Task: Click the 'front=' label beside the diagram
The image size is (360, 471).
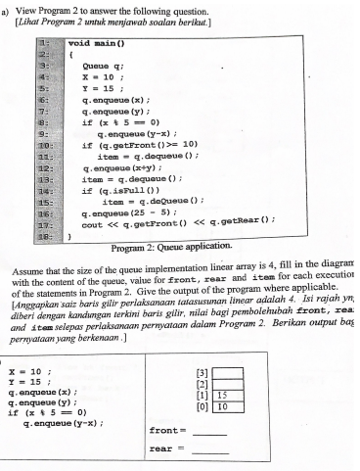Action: (x=163, y=429)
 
